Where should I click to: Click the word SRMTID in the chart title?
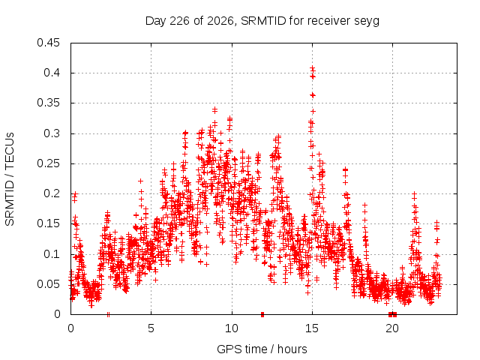pos(263,21)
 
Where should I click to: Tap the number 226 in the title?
pos(180,21)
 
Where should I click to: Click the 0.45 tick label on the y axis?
pos(48,43)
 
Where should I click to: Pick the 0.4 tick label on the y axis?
pos(52,73)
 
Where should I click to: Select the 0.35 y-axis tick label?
pos(48,103)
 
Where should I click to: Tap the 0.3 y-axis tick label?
pos(52,133)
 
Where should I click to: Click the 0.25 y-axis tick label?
pos(48,163)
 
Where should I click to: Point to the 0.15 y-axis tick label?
pos(48,223)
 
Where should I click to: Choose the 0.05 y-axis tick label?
pos(48,284)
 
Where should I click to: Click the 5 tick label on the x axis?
pos(151,328)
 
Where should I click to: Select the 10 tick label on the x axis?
pos(232,328)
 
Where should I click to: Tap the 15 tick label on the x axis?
pos(312,328)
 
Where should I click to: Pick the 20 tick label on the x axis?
pos(392,328)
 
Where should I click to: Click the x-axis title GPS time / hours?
pos(262,349)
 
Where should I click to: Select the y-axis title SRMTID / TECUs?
pos(10,179)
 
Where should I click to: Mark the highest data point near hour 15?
pos(312,68)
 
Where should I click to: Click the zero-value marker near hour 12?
pos(262,314)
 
